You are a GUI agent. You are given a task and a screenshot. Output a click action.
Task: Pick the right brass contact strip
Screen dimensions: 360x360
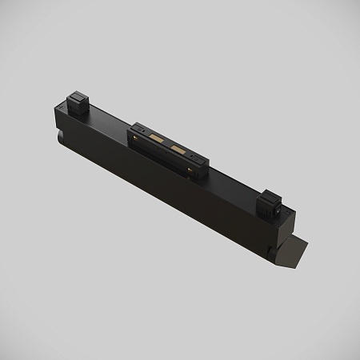(178, 152)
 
